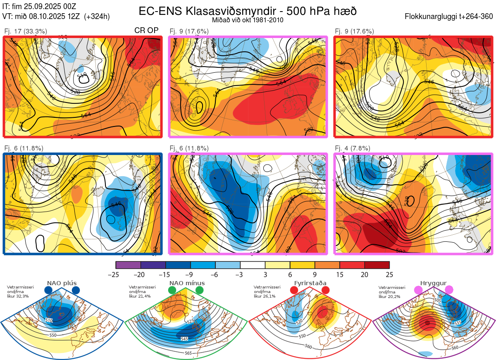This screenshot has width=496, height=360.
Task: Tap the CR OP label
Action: [x=147, y=31]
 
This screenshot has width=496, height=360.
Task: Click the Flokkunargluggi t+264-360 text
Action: [x=450, y=17]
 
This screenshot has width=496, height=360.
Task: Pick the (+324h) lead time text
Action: [x=97, y=17]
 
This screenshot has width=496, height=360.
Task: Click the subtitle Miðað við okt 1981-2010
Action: [x=248, y=20]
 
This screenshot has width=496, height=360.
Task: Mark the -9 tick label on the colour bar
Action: [x=191, y=274]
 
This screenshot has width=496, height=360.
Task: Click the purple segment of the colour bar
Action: [x=129, y=265]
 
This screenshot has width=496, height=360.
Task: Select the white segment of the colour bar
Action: [x=253, y=265]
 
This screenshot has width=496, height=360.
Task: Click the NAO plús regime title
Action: [x=62, y=283]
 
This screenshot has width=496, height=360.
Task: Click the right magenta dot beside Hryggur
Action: [x=449, y=290]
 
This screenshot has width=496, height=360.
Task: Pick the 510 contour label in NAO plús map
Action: [x=49, y=320]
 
